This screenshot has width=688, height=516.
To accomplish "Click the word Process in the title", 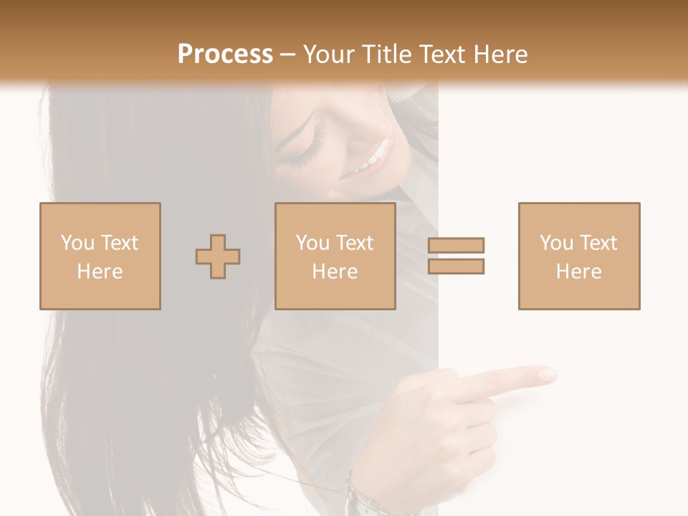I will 225,54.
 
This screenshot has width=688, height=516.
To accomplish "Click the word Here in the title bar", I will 500,54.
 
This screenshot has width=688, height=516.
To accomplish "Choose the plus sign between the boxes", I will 218,257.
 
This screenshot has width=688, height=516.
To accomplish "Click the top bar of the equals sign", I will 457,245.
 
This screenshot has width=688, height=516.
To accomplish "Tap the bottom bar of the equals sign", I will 457,267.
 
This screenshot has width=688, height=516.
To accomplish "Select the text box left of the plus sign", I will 100,256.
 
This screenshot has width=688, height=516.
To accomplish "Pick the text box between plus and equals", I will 335,256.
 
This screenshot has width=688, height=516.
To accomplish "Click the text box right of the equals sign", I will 579,256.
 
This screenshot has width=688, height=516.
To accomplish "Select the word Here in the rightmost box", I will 579,272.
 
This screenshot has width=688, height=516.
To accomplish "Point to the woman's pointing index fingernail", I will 548,375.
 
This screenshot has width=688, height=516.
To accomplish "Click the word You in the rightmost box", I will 556,243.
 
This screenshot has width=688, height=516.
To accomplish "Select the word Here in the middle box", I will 335,272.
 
